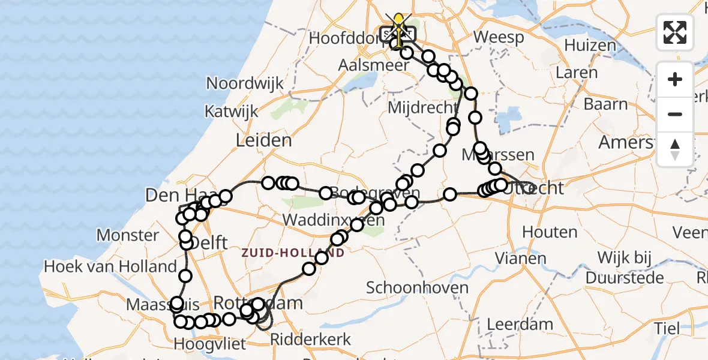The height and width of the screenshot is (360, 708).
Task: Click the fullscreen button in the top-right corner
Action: [x=675, y=32]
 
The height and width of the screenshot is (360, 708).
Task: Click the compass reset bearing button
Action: [x=675, y=149]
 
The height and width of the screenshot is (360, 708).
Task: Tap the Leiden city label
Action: [x=264, y=140]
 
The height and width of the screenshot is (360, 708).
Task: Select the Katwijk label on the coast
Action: [x=231, y=111]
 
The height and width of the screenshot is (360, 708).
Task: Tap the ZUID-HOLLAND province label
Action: [x=293, y=253]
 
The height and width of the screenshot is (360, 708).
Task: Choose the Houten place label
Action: [x=550, y=232]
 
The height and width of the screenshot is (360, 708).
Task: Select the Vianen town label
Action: [x=521, y=259]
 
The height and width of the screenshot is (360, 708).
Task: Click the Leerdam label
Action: [x=520, y=324]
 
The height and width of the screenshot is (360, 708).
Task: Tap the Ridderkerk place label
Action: [x=311, y=339]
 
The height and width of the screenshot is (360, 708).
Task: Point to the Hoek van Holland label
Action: [x=110, y=266]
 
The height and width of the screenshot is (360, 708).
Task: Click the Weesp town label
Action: [x=498, y=37]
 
